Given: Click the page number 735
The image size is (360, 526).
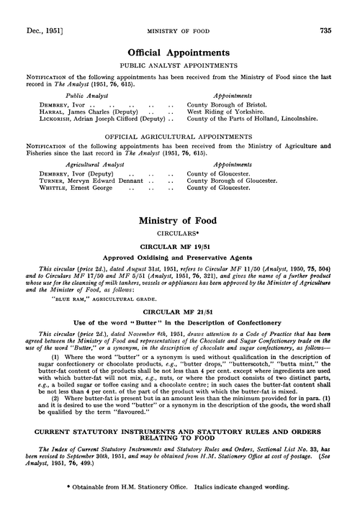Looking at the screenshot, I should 345,11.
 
